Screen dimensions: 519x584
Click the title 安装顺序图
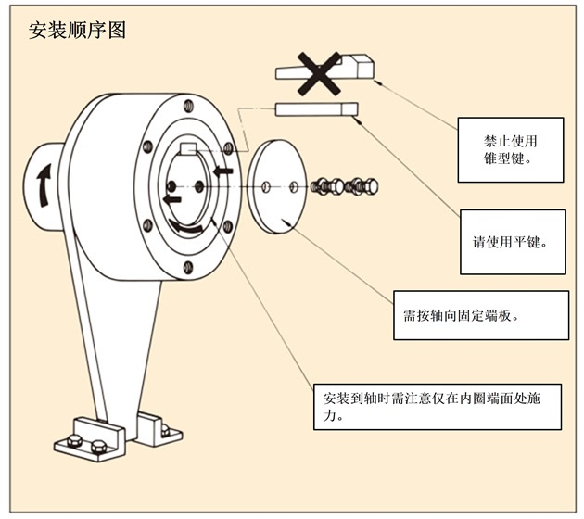coord(78,30)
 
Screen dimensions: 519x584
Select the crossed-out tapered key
coord(357,68)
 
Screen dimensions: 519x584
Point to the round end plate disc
coord(279,186)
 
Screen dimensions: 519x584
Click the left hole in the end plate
coord(266,188)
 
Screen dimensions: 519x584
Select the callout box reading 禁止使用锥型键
coord(511,150)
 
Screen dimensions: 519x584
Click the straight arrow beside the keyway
coord(222,171)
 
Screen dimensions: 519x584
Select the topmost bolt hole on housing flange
coord(189,109)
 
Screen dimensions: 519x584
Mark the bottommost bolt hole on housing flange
coord(189,268)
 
